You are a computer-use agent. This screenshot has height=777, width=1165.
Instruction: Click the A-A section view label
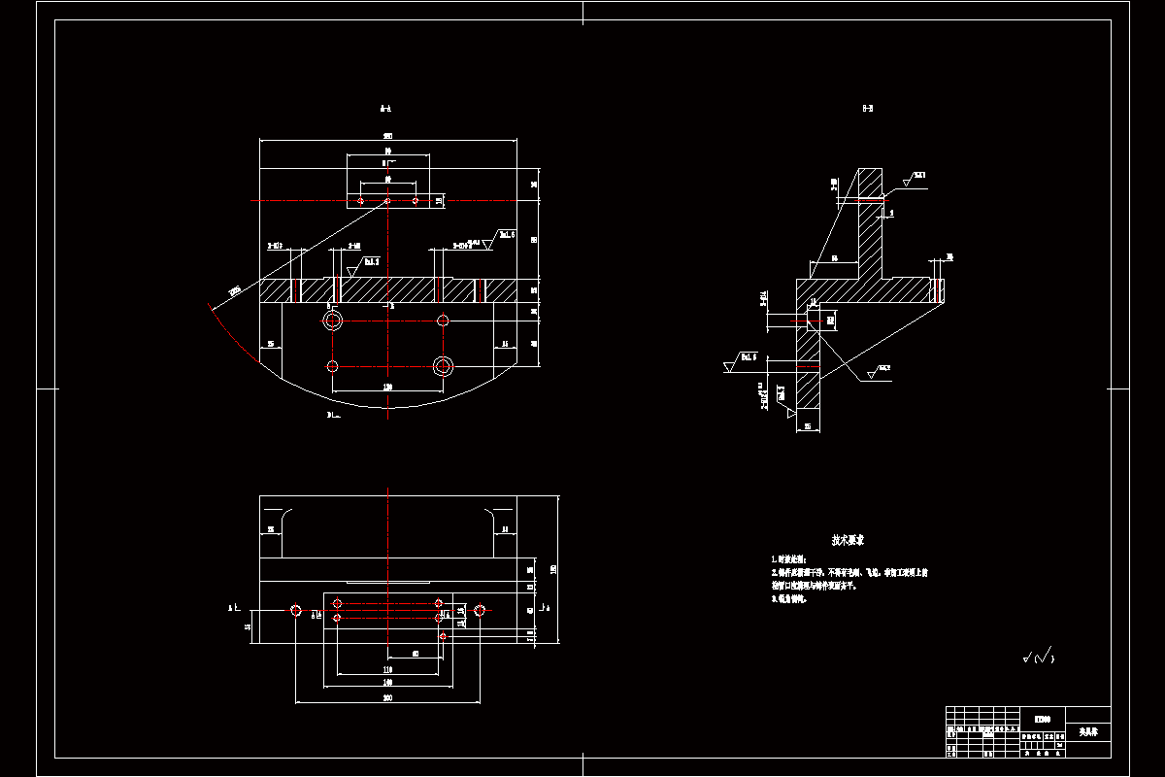[x=385, y=110]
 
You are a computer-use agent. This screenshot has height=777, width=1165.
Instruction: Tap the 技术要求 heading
[x=848, y=539]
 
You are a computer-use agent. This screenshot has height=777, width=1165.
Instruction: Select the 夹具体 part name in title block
[x=1087, y=730]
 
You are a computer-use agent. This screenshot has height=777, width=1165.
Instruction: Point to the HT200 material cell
[x=1043, y=720]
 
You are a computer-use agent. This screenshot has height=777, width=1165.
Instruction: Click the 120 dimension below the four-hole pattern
[x=388, y=387]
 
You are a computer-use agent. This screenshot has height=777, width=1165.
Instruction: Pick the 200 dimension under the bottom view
[x=387, y=697]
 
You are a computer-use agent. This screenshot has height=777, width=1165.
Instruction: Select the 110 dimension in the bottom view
[x=387, y=669]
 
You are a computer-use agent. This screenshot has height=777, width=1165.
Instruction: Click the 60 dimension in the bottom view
[x=416, y=654]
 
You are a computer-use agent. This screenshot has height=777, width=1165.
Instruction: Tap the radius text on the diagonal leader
[x=234, y=289]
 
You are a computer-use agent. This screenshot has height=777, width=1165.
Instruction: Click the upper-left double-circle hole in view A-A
[x=333, y=321]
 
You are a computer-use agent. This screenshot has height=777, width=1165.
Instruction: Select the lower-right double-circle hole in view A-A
[x=443, y=366]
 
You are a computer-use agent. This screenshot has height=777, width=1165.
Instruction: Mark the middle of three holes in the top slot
[x=387, y=201]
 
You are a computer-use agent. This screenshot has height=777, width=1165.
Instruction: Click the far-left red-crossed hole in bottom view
[x=296, y=610]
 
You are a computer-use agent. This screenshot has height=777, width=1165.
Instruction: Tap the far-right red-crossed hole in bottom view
[x=479, y=610]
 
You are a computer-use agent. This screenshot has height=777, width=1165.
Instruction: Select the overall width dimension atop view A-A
[x=387, y=136]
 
